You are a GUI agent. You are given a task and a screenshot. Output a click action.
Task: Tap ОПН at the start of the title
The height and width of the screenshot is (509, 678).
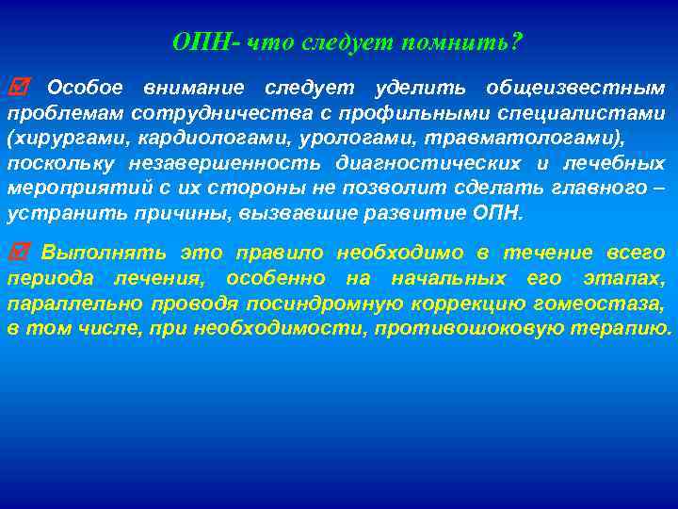(x=197, y=43)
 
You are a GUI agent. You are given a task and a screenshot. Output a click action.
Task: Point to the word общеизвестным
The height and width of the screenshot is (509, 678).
(x=574, y=89)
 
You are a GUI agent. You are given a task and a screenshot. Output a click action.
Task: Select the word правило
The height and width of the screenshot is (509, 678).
(x=282, y=254)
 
